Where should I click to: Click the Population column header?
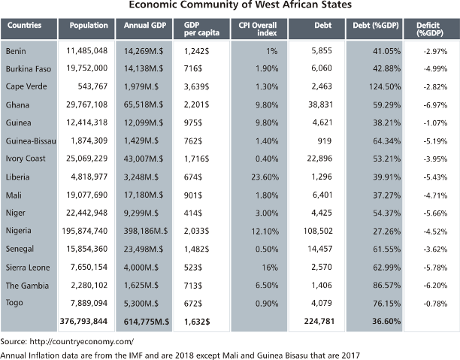[x=89, y=26]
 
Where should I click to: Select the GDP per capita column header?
[x=201, y=29]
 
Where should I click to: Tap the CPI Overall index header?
[x=258, y=29]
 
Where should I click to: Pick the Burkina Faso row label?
[x=29, y=69]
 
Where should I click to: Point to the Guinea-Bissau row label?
[x=31, y=141]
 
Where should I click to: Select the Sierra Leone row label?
[x=28, y=268]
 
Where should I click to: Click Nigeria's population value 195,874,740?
[x=85, y=231]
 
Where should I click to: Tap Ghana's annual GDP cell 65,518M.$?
[x=144, y=104]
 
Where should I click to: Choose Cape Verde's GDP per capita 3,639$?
[x=197, y=87]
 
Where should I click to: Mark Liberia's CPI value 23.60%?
[x=265, y=177]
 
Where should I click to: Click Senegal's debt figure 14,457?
[x=319, y=249]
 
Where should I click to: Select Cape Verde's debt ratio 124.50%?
[x=385, y=87]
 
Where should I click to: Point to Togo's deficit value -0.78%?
[x=435, y=304]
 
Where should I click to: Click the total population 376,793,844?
[x=83, y=321]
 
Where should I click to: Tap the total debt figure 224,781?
[x=319, y=321]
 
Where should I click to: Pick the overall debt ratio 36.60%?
[x=386, y=321]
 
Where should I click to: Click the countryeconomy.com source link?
[x=82, y=342]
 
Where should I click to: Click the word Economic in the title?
[x=153, y=5]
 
